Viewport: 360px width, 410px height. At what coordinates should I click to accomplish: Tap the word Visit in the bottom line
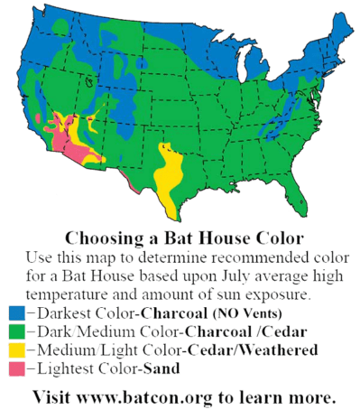tap(51, 396)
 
